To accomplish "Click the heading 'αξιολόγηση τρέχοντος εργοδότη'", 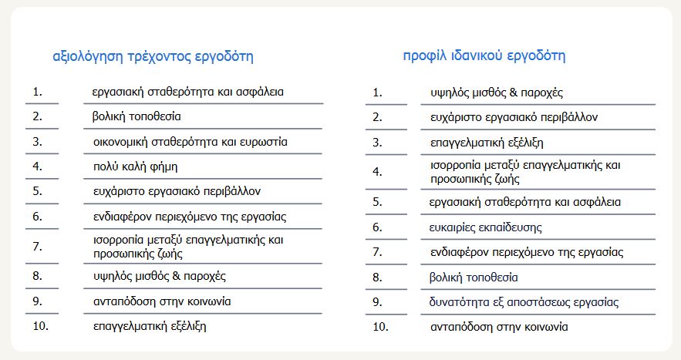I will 152,56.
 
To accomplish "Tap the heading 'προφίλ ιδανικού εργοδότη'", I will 484,56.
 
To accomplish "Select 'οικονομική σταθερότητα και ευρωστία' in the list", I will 190,142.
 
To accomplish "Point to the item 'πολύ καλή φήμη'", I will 135,166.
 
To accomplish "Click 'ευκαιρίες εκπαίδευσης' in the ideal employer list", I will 486,227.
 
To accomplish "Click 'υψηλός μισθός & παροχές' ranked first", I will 497,93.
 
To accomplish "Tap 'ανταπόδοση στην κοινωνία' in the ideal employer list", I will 499,327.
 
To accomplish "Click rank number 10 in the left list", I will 41,325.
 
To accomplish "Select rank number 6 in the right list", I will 377,227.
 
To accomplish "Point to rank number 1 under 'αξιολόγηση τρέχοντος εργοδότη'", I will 37,92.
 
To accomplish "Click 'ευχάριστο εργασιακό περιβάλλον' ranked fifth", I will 177,190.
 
